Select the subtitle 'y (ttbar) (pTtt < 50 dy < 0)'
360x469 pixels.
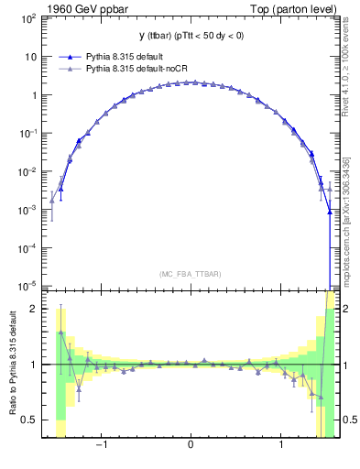pyautogui.click(x=190, y=36)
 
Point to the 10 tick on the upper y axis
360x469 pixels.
pyautogui.click(x=29, y=56)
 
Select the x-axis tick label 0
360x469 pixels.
pyautogui.click(x=190, y=446)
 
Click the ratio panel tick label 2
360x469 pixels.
pyautogui.click(x=33, y=309)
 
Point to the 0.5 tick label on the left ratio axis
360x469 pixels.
pyautogui.click(x=29, y=420)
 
